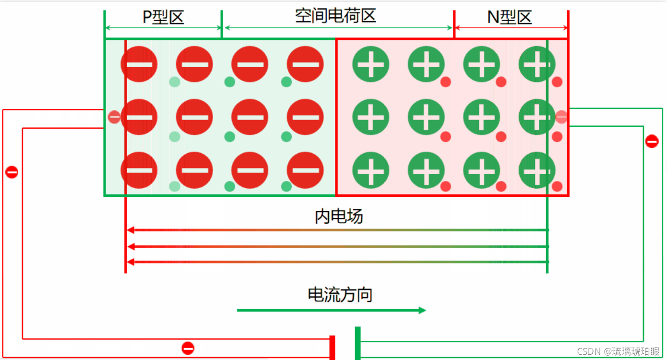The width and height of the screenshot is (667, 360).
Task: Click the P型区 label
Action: [163, 17]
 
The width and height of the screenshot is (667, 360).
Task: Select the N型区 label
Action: [510, 17]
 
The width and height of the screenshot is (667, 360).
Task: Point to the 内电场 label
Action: [339, 216]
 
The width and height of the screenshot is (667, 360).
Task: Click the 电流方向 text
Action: [340, 294]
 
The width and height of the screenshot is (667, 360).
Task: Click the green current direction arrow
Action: [331, 311]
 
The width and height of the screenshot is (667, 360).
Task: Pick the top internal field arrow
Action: [336, 230]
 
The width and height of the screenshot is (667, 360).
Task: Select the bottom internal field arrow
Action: [336, 262]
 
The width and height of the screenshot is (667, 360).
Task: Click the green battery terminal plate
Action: [357, 343]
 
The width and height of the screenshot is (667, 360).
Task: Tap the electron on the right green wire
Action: [652, 141]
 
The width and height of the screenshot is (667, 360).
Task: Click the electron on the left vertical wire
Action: [12, 172]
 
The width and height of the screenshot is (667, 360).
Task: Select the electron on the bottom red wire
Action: [188, 348]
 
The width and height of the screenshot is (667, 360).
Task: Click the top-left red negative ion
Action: [139, 64]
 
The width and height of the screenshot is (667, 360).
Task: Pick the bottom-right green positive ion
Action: [537, 170]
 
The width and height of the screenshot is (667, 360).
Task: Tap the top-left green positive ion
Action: [370, 64]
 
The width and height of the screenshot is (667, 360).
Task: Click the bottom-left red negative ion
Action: [139, 170]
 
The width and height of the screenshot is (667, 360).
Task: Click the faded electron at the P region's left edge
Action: [114, 117]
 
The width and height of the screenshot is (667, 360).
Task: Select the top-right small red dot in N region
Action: [557, 82]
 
